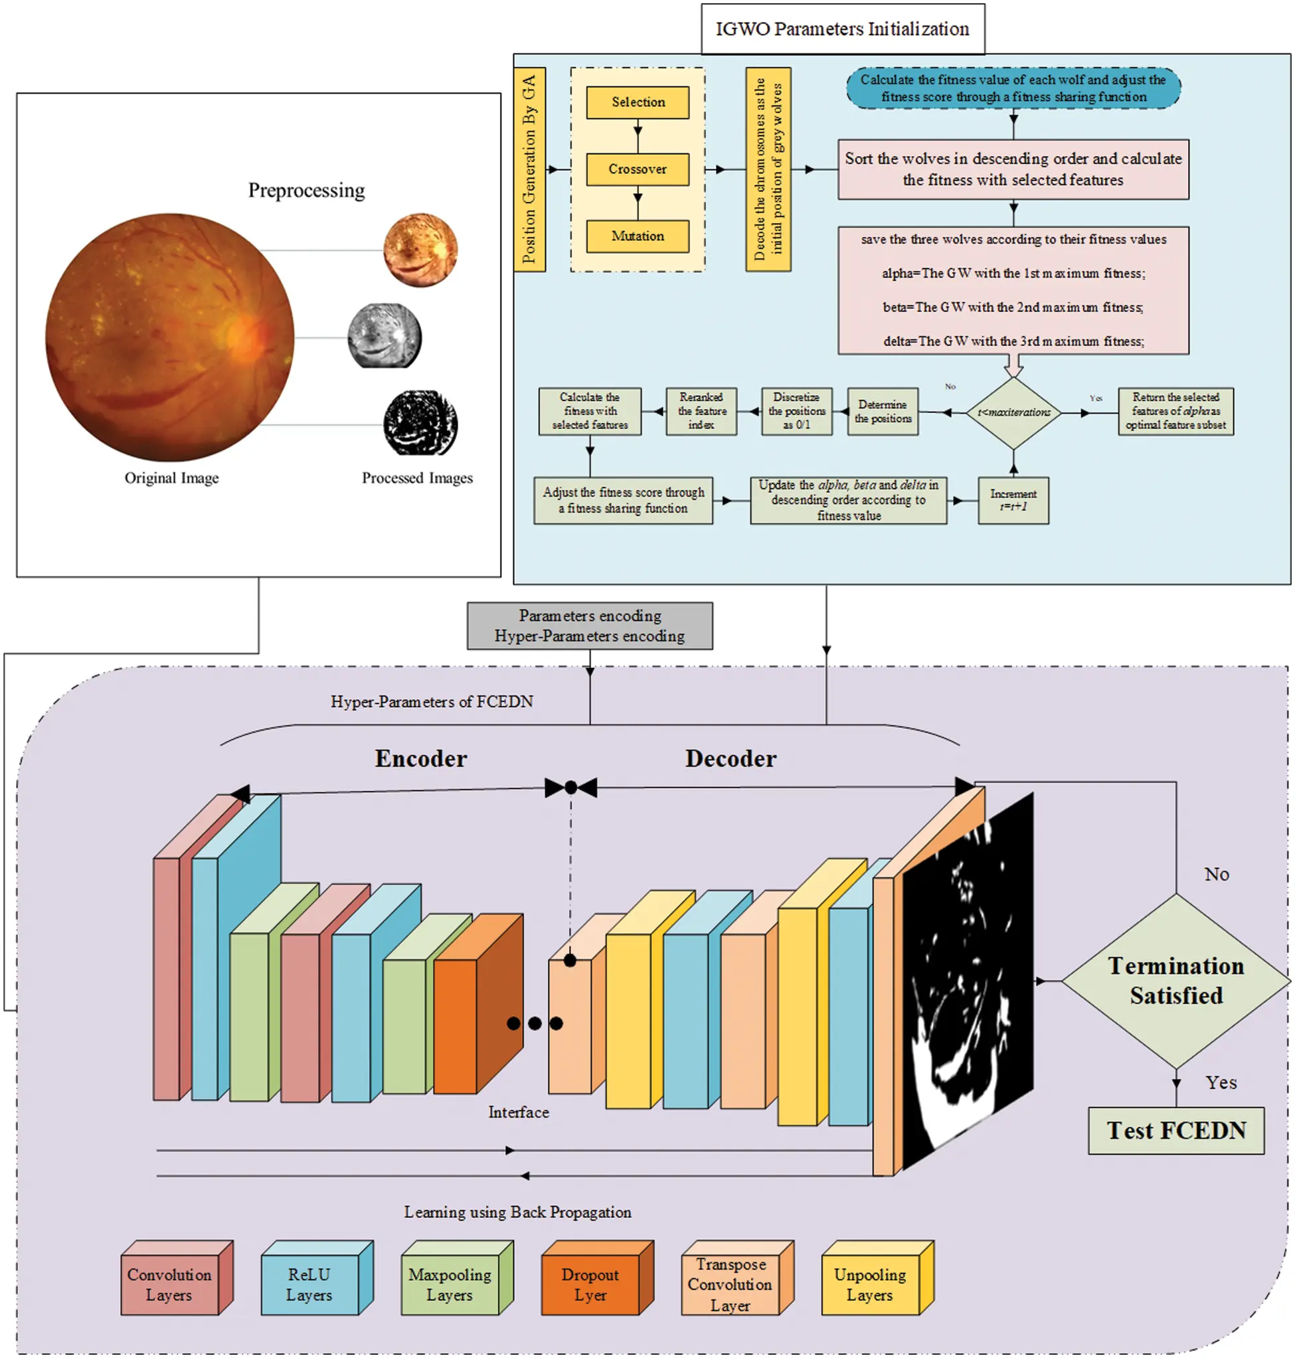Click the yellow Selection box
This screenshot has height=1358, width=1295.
pos(637,102)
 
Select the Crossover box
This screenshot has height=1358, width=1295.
pos(637,169)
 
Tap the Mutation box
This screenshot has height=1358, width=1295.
pos(637,236)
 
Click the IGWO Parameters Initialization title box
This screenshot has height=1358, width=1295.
pos(842,29)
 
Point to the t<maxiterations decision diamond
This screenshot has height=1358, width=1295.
pos(1013,412)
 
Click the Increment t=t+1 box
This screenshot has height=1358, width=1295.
pos(1013,500)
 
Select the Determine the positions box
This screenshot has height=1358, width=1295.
pos(882,412)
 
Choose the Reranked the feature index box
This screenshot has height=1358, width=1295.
pos(701,411)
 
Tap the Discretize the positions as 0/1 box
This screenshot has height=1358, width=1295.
pos(796,411)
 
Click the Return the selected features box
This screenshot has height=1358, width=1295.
pos(1175,411)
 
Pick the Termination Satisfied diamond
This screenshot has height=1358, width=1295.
pos(1175,980)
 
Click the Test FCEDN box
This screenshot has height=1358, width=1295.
pos(1175,1130)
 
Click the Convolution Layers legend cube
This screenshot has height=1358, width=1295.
pos(170,1284)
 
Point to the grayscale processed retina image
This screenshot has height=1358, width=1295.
pos(385,336)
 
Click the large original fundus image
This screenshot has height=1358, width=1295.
pos(170,337)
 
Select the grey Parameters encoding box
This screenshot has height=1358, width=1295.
pos(590,626)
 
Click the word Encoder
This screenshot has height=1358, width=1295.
pos(420,758)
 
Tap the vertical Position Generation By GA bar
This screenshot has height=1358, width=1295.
pos(529,169)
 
